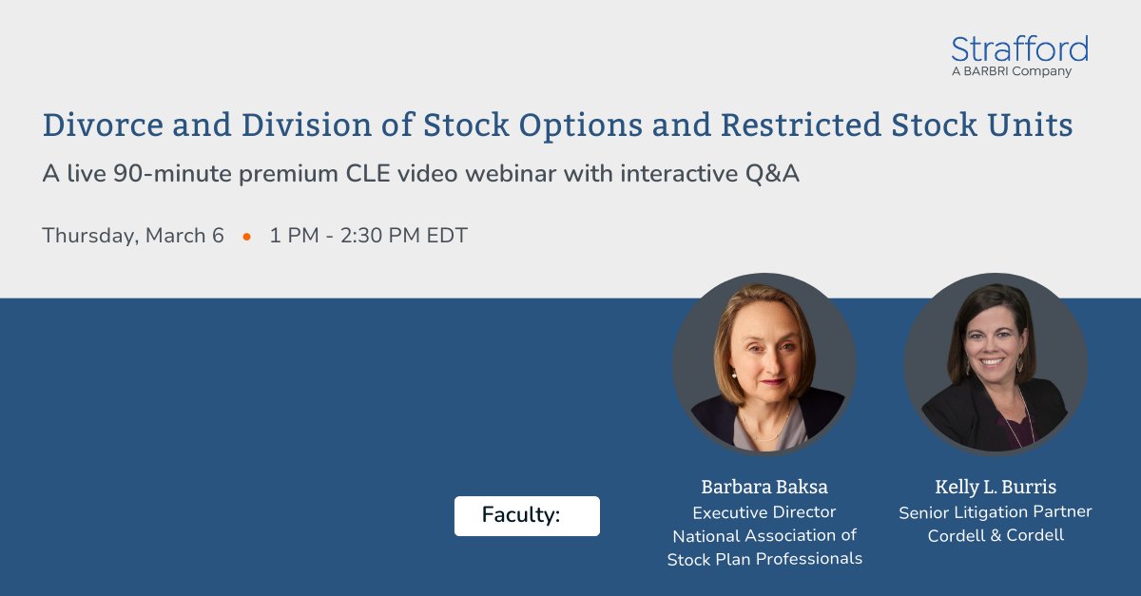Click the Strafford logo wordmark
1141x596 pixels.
(1019, 48)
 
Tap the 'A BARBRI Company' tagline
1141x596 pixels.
(1011, 71)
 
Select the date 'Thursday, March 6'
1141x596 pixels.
(133, 236)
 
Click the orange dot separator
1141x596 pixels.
(247, 237)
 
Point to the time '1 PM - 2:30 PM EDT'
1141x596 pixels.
(368, 236)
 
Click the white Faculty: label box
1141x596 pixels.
(527, 516)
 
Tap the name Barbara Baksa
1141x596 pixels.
(764, 487)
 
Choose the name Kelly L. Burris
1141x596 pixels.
(996, 487)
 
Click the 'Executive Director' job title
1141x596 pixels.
(764, 512)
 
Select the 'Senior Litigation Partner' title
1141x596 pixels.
(996, 512)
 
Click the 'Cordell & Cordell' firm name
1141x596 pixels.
(996, 535)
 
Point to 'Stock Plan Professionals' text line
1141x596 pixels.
(764, 559)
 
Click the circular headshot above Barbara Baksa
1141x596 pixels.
(764, 365)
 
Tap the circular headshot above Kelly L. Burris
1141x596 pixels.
(996, 365)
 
